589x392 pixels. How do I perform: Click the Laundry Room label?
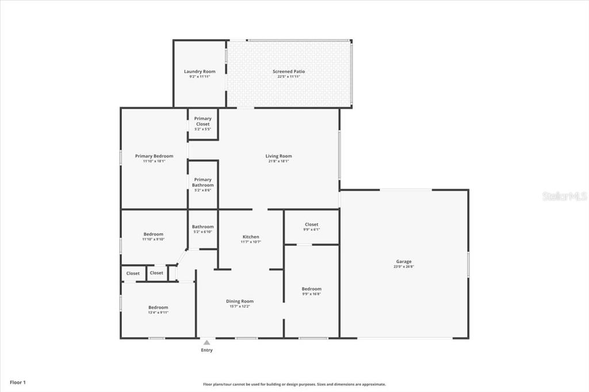200,72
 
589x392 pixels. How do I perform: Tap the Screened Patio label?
288,72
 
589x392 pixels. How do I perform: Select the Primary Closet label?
202,121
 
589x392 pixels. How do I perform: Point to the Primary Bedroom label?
154,156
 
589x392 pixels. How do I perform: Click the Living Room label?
278,156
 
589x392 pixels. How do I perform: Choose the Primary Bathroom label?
202,182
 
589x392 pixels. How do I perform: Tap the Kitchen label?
251,237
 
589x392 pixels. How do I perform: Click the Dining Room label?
239,301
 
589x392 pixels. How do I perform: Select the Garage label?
404,262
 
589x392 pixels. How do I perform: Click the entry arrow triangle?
206,343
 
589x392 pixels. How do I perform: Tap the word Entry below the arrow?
206,350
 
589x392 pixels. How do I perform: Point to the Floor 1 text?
18,382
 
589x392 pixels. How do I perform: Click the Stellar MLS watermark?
564,196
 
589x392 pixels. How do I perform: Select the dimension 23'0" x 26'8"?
404,267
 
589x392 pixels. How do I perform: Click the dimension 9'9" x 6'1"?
311,229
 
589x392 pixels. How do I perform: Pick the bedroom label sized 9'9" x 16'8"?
311,289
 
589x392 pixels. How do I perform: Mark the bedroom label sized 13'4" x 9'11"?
158,308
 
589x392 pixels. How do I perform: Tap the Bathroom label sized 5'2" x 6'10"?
202,227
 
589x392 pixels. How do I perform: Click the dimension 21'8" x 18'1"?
278,162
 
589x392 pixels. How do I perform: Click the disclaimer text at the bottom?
294,385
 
